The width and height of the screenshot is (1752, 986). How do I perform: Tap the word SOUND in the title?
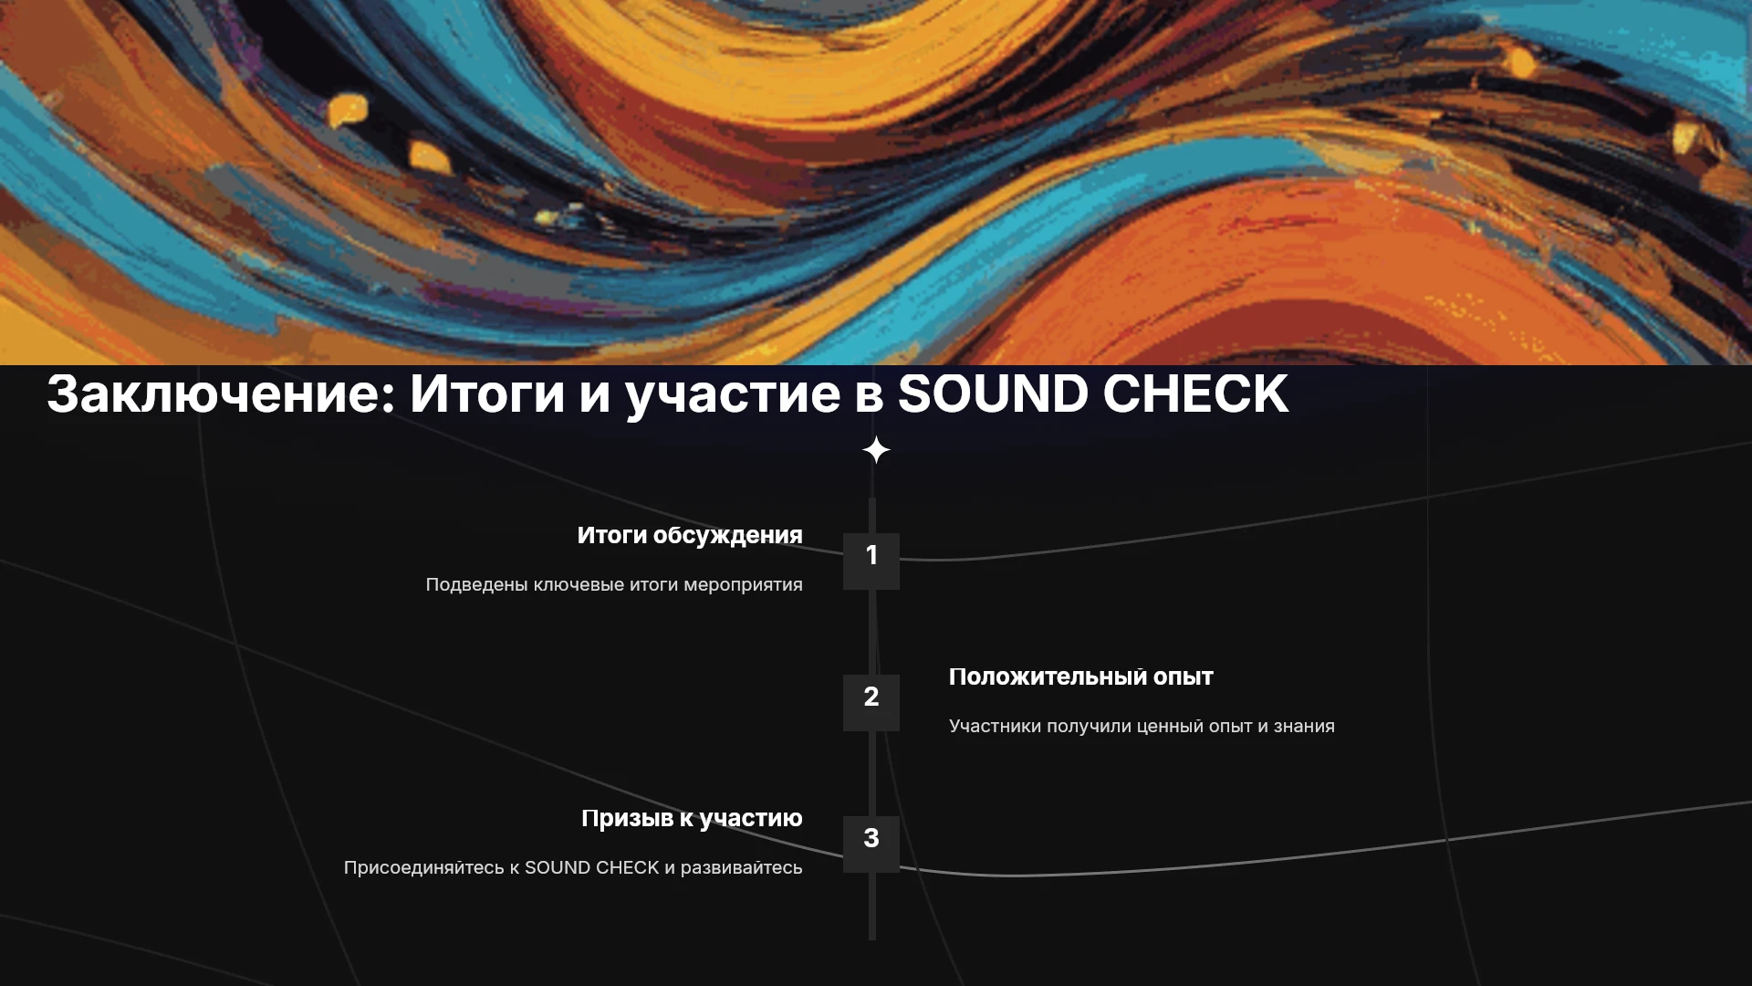pos(993,393)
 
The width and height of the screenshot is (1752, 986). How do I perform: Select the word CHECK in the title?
pos(1196,393)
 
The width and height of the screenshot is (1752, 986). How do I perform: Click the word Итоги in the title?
pos(487,393)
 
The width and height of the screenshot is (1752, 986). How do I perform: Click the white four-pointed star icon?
pos(876,450)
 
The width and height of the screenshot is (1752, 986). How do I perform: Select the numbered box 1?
pos(871,561)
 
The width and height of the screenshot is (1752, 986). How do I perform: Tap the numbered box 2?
pos(871,703)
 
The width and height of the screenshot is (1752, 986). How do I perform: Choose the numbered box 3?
pos(871,844)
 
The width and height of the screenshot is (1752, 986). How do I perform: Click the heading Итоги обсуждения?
pos(690,536)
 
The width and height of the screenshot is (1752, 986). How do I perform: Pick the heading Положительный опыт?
pos(1081,677)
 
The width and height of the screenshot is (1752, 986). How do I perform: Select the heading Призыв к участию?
pos(692,819)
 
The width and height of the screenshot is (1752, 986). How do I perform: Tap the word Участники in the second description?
pos(995,727)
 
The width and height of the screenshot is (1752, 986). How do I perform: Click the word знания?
pos(1304,727)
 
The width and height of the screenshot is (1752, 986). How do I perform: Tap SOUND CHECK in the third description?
pos(591,867)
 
